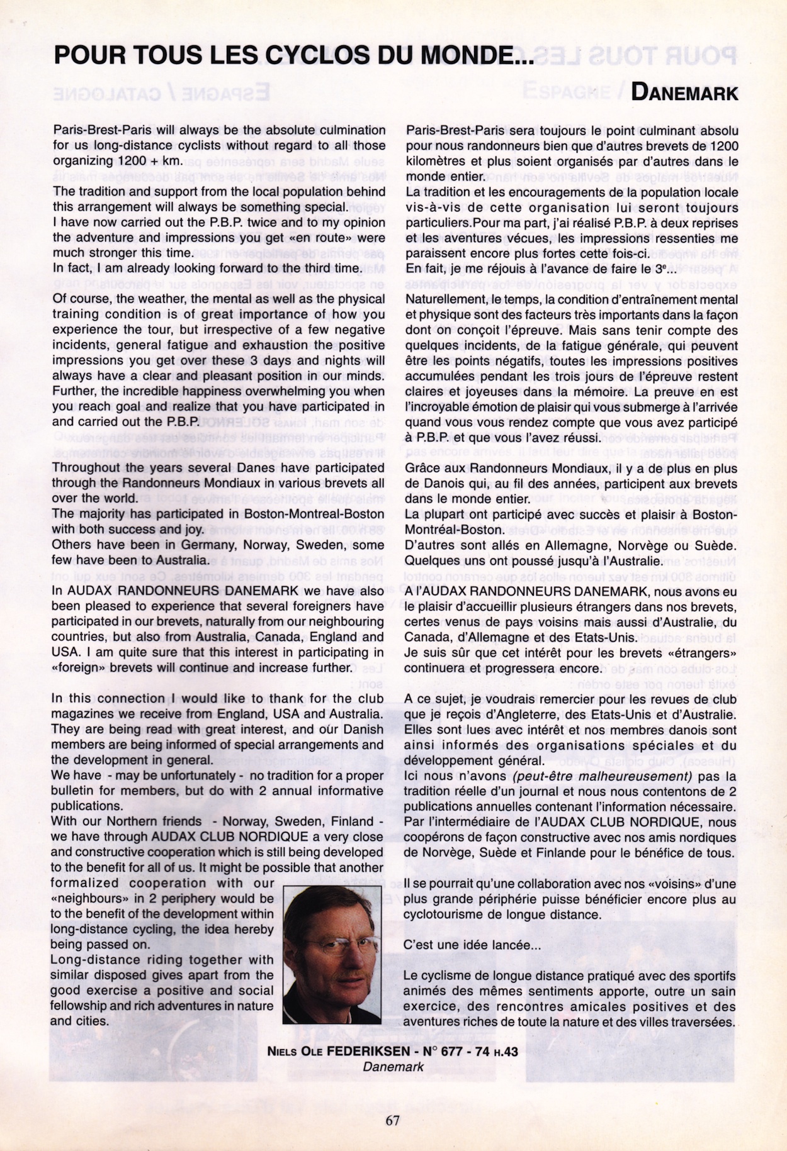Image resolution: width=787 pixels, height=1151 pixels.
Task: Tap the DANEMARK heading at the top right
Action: tap(684, 93)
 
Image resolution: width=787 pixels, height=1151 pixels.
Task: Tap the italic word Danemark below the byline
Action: tap(393, 1067)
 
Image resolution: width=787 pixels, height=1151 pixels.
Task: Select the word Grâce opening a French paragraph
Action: tap(420, 469)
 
